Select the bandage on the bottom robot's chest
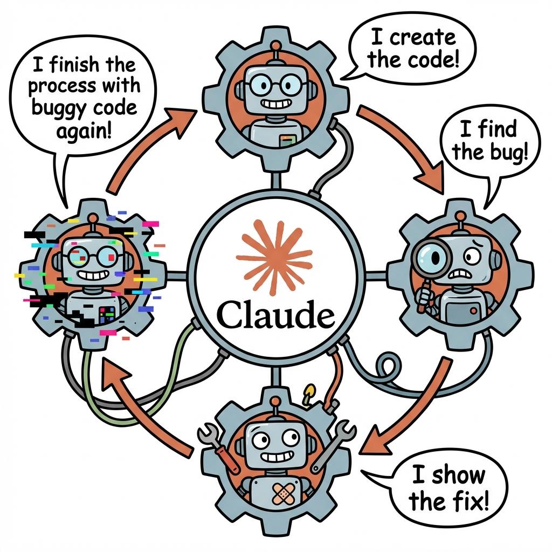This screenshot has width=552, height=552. (284, 491)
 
